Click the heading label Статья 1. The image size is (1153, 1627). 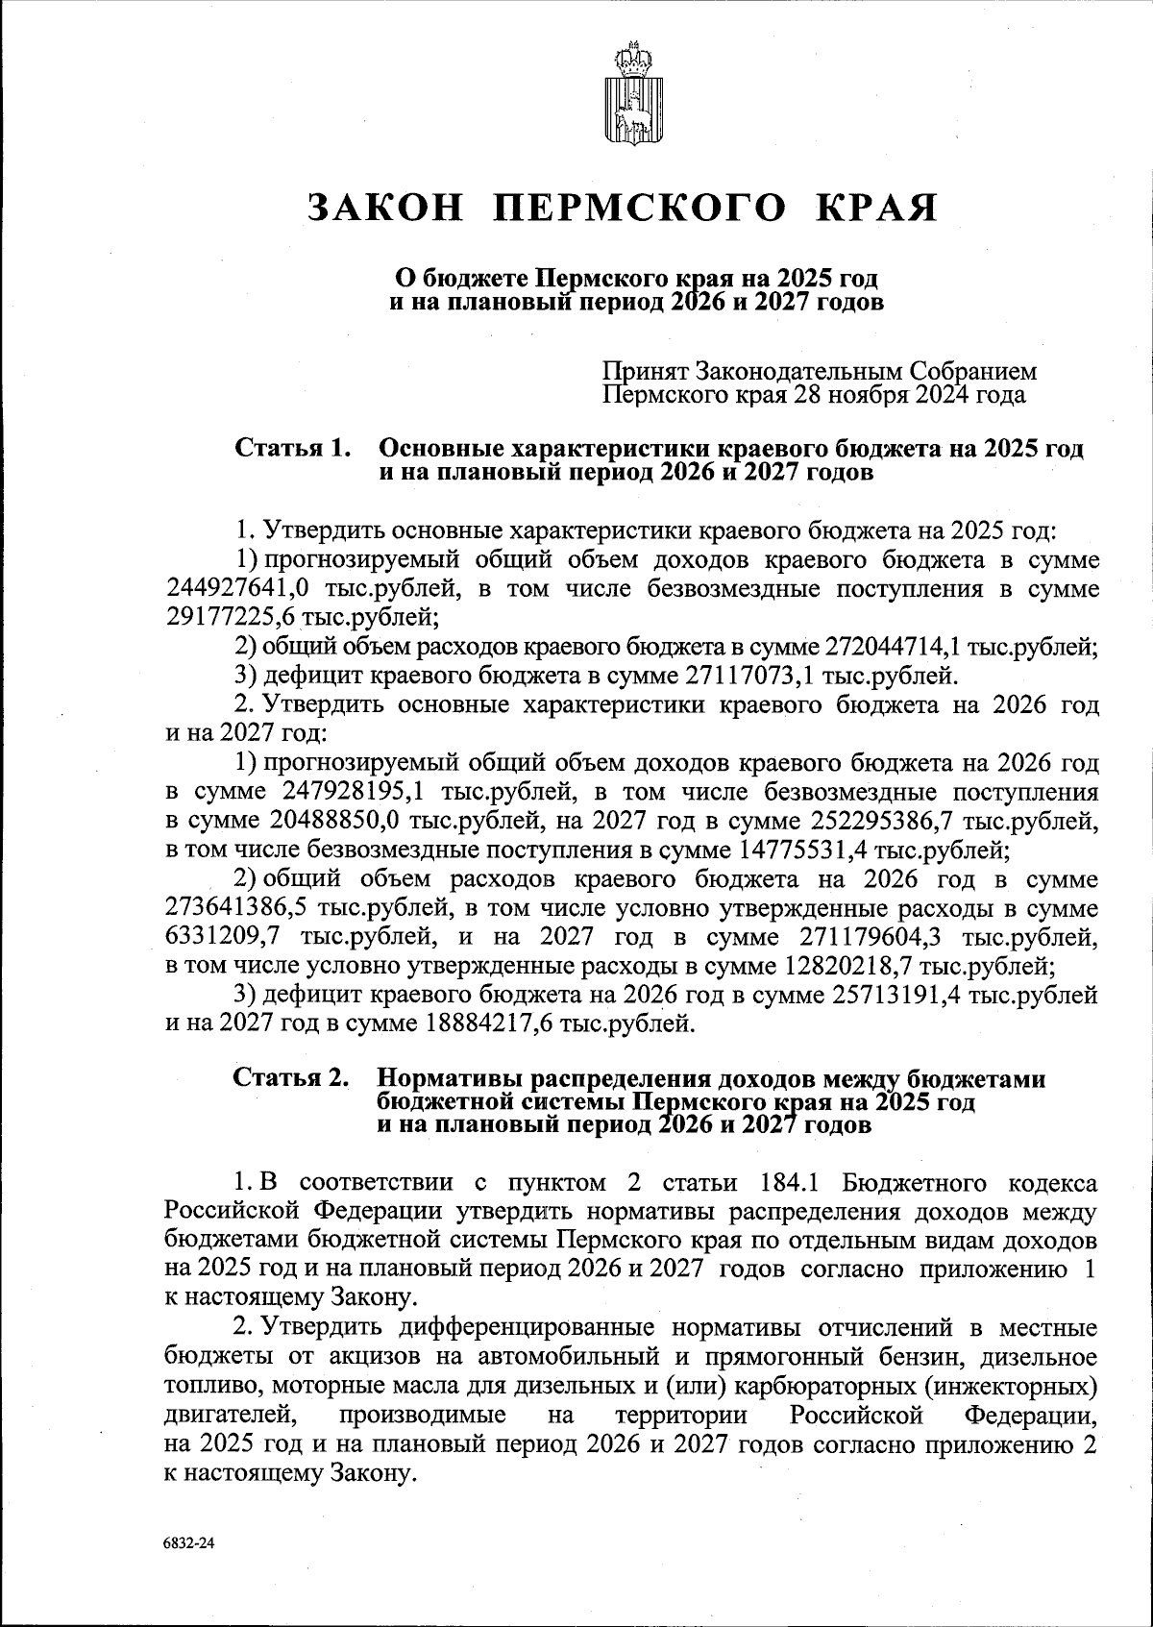[290, 449]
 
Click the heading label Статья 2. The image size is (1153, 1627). [290, 1079]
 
